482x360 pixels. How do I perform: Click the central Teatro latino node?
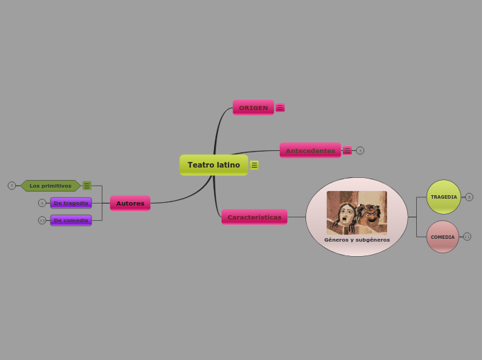click(213, 165)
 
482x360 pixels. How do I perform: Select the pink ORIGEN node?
click(253, 108)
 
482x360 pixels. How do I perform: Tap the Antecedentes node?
click(310, 150)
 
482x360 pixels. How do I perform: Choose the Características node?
click(254, 217)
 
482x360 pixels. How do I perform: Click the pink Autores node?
click(130, 204)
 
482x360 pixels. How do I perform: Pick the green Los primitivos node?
click(50, 186)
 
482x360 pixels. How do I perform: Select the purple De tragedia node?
click(71, 203)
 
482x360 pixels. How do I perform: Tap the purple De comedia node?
click(71, 220)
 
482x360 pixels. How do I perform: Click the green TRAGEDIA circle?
click(444, 197)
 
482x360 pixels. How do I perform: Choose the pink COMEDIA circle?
click(443, 237)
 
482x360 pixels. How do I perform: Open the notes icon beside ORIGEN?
click(280, 108)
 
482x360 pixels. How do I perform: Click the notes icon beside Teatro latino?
click(254, 165)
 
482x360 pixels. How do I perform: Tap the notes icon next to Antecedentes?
click(347, 150)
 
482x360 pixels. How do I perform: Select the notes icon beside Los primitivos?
click(87, 186)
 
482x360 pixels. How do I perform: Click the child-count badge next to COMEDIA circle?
click(467, 237)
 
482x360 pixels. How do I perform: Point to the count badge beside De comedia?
click(42, 220)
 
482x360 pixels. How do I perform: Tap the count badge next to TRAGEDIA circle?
click(469, 197)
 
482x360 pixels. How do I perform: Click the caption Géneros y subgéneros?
click(357, 240)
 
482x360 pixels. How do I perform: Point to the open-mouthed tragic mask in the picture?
click(343, 217)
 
